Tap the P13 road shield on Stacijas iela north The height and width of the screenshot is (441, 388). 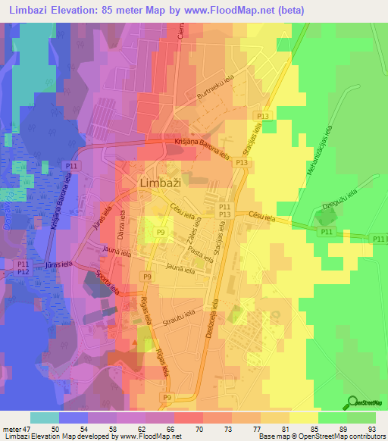point(262,115)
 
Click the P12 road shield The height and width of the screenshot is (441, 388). point(23,271)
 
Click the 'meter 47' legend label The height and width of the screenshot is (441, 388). point(17,429)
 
